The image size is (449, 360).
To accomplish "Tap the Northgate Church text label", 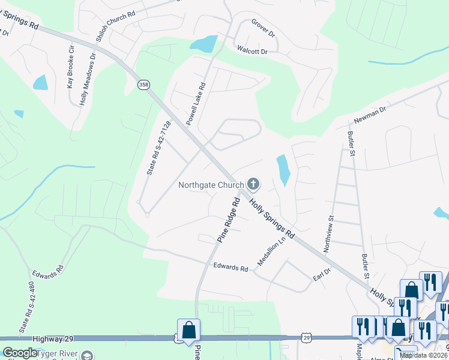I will coord(211,185).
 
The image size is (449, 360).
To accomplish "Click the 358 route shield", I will coord(143,85).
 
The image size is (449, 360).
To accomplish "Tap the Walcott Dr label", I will coord(252,52).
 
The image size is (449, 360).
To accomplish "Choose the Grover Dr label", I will coord(263,29).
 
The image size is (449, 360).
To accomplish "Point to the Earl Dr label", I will coord(322,275).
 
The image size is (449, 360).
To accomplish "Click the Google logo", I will coord(19,353).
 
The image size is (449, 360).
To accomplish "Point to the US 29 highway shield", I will coord(306,339).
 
